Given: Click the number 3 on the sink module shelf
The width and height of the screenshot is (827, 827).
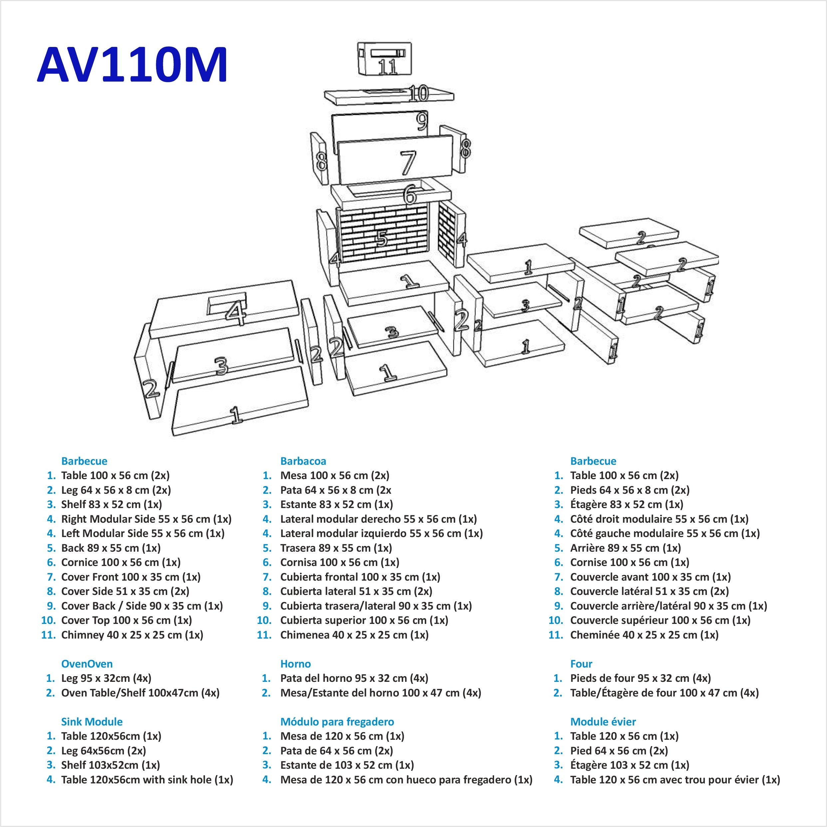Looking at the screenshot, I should pyautogui.click(x=221, y=366).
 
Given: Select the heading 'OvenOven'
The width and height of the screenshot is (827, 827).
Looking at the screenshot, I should pyautogui.click(x=87, y=664).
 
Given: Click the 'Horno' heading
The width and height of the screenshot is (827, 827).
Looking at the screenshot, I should pyautogui.click(x=295, y=664).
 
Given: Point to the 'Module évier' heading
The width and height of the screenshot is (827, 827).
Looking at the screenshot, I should pyautogui.click(x=603, y=722).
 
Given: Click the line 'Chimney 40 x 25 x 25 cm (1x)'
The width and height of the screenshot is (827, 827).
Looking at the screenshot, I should pyautogui.click(x=132, y=635).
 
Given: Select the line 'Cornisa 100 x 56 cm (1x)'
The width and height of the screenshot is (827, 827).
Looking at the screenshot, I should pyautogui.click(x=340, y=562).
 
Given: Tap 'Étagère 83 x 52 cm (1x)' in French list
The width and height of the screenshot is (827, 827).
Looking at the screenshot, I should pyautogui.click(x=626, y=504).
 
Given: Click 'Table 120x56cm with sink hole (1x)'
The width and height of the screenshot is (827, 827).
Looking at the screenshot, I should pyautogui.click(x=147, y=779).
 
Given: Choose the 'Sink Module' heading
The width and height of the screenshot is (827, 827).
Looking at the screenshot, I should pyautogui.click(x=92, y=722).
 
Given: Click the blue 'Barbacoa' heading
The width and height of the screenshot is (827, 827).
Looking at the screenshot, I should pyautogui.click(x=303, y=461).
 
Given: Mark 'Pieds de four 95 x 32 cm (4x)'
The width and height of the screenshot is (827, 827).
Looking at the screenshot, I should pyautogui.click(x=640, y=678).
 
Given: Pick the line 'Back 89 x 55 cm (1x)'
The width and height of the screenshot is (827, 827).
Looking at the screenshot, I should pyautogui.click(x=111, y=548).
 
